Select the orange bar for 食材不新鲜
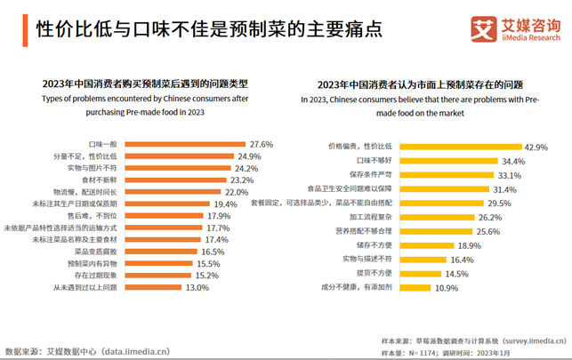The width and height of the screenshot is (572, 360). click(177, 180)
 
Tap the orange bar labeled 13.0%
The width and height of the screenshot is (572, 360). click(155, 287)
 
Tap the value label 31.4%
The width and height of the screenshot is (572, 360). click(504, 189)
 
